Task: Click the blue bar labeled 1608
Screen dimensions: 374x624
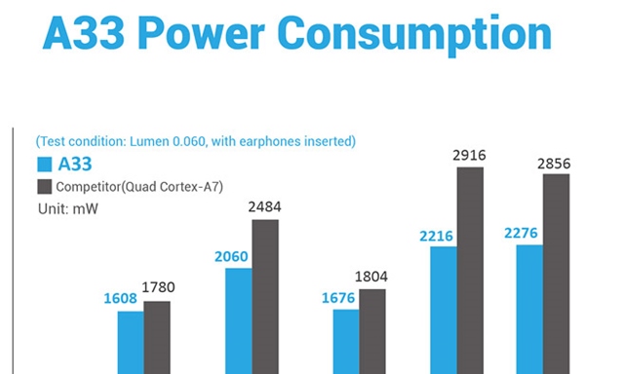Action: [x=131, y=341]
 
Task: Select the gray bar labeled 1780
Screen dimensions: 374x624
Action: [x=157, y=336]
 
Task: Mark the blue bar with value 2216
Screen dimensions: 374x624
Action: [x=444, y=309]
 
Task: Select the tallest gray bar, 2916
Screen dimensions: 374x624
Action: [x=470, y=270]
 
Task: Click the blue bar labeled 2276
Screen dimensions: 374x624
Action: [x=529, y=308]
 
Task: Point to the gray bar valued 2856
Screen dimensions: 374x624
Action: [x=556, y=273]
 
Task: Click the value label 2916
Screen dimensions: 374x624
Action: [x=469, y=155]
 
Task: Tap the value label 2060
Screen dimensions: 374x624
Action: [x=231, y=257]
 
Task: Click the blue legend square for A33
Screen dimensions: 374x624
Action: [x=44, y=165]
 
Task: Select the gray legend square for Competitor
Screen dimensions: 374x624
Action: [x=44, y=186]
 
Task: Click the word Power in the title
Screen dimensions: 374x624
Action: [x=209, y=36]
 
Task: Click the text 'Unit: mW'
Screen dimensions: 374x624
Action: [x=67, y=208]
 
